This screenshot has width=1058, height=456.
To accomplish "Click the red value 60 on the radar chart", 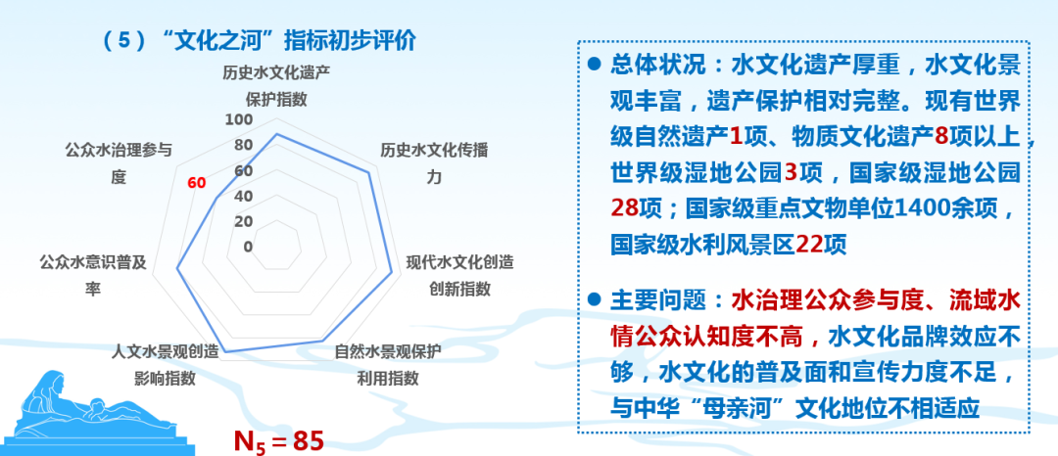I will tap(196, 183).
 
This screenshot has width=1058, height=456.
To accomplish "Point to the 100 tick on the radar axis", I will tap(238, 120).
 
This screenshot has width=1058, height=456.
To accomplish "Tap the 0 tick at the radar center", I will tap(247, 246).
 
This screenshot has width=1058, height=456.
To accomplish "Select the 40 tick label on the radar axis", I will tap(241, 196).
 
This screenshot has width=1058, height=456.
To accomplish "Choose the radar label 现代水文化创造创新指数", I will tap(459, 275).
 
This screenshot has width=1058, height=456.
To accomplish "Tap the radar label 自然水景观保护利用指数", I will tap(388, 364).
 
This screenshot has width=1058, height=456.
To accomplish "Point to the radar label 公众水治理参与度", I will tap(119, 163).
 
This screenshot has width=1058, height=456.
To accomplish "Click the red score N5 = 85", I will tap(277, 439).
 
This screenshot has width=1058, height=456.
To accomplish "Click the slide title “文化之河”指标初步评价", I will tap(260, 40).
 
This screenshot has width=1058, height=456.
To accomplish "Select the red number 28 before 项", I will tap(625, 208).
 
